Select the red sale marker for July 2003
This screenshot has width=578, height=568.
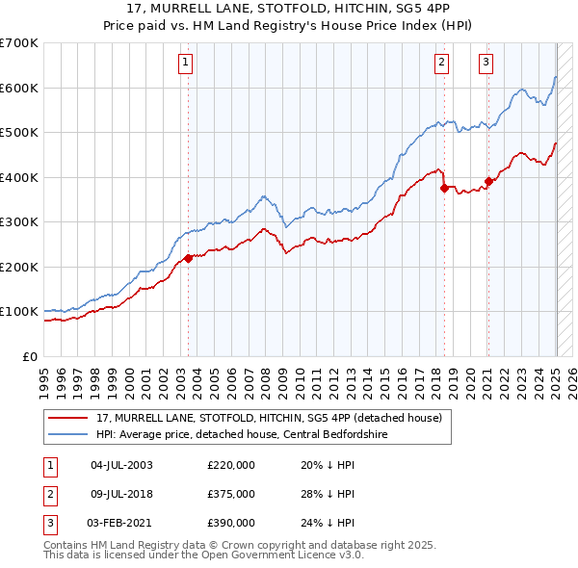(x=189, y=258)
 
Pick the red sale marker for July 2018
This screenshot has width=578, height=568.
(x=444, y=189)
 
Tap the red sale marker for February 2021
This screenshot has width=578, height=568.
(x=488, y=181)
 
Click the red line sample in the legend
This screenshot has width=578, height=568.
(x=69, y=418)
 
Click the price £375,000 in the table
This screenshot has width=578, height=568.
(x=231, y=494)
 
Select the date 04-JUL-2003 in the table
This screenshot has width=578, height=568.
(x=121, y=465)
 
